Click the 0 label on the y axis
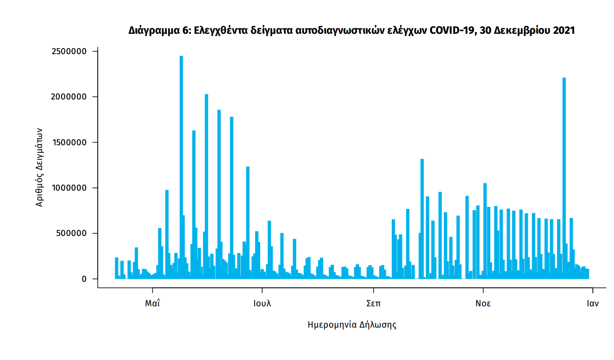[x=84, y=279]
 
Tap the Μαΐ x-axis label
[x=152, y=304]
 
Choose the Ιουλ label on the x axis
[x=262, y=304]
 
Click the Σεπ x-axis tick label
[x=373, y=304]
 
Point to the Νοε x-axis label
[x=483, y=304]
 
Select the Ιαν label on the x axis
[x=593, y=304]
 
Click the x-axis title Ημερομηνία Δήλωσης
[x=352, y=325]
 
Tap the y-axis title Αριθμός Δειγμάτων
[x=40, y=167]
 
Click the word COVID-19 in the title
[x=451, y=31]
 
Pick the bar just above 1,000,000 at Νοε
[x=485, y=231]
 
